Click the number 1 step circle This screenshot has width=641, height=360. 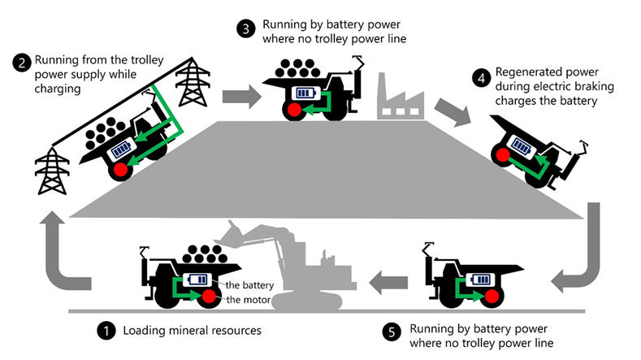[x=106, y=331]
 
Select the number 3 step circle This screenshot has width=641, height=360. [x=246, y=28]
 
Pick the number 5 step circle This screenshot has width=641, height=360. [x=391, y=332]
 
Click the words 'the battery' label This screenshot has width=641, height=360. [x=248, y=284]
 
